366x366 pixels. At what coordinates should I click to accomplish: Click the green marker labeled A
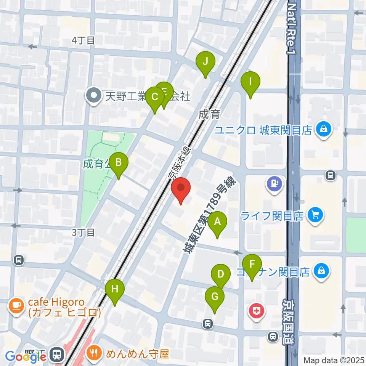tap(217, 222)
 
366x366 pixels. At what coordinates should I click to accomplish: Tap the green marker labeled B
tap(119, 163)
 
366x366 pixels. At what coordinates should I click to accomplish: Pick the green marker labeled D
tap(220, 274)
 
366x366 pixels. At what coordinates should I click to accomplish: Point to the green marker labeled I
tap(250, 82)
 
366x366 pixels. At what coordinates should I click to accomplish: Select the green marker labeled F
tap(252, 265)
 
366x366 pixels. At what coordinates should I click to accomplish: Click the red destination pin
tap(180, 188)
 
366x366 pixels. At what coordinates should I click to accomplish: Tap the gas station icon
tap(274, 183)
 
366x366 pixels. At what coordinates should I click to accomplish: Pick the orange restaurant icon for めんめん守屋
tap(94, 353)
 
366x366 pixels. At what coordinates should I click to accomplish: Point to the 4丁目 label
tap(83, 40)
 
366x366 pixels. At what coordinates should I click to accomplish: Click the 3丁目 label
tap(83, 232)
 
